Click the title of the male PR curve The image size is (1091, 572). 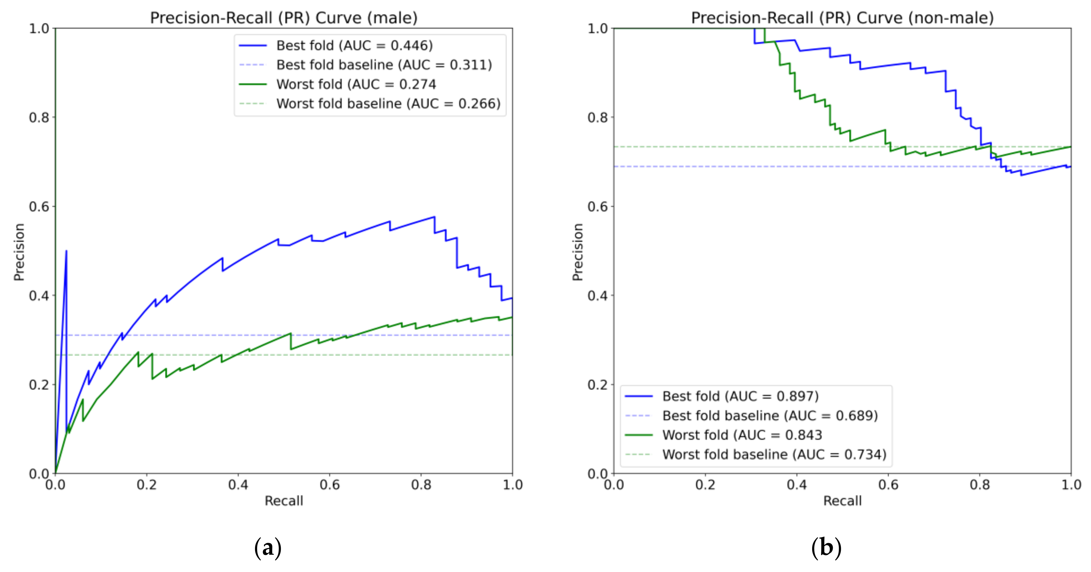(284, 18)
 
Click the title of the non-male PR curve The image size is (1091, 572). (842, 18)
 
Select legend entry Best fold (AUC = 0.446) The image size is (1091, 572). (354, 45)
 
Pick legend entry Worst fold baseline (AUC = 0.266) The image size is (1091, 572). (388, 104)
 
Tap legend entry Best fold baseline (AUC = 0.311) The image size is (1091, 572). (384, 65)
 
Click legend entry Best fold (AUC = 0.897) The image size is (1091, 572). (740, 396)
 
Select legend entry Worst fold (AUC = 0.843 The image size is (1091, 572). (741, 435)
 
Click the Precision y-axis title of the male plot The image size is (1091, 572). (19, 252)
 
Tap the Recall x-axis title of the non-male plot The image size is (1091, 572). (842, 501)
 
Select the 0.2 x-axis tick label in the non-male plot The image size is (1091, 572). (705, 485)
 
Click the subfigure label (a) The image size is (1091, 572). (268, 548)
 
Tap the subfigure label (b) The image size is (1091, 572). (826, 548)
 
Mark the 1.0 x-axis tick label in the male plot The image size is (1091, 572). (512, 485)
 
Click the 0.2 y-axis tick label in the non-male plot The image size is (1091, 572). (598, 385)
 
